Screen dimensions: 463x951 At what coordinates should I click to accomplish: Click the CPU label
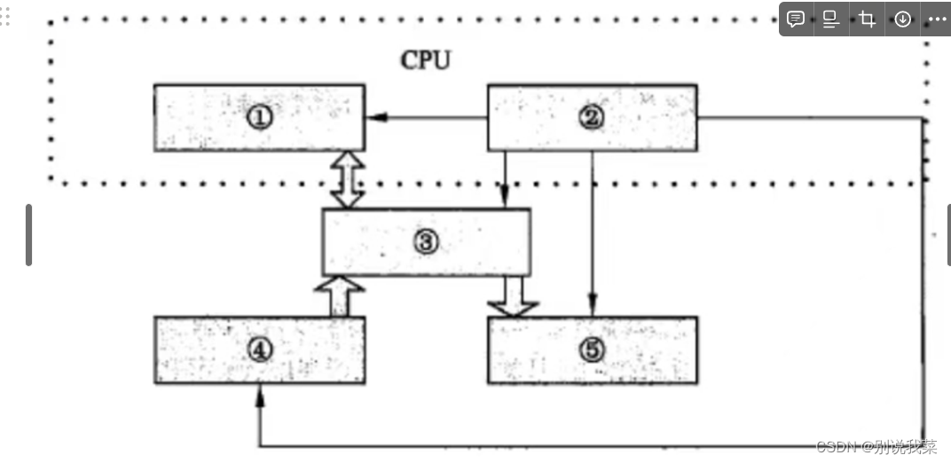pyautogui.click(x=426, y=60)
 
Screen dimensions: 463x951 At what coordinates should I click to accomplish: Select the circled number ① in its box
pyautogui.click(x=259, y=118)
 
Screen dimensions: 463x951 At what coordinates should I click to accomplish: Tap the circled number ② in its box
pyautogui.click(x=592, y=118)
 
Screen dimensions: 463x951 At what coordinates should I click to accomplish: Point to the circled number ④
pyautogui.click(x=259, y=350)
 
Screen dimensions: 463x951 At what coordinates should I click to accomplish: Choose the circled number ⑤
pyautogui.click(x=592, y=350)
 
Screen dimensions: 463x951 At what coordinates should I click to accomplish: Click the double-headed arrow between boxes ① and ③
pyautogui.click(x=347, y=179)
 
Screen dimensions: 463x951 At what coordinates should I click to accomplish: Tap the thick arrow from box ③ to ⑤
pyautogui.click(x=513, y=296)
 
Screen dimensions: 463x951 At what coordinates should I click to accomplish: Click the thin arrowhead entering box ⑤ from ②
pyautogui.click(x=593, y=310)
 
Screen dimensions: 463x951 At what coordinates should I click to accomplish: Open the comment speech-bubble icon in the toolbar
pyautogui.click(x=796, y=20)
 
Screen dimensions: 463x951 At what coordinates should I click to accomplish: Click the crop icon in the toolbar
pyautogui.click(x=867, y=20)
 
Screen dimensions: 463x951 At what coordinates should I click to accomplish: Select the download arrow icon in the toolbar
pyautogui.click(x=902, y=20)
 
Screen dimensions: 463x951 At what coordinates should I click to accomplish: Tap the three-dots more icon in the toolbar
pyautogui.click(x=937, y=20)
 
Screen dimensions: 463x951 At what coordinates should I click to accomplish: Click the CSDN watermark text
pyautogui.click(x=876, y=446)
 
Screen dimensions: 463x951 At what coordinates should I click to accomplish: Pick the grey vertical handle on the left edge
pyautogui.click(x=28, y=235)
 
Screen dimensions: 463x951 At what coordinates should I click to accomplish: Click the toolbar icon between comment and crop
pyautogui.click(x=831, y=20)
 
